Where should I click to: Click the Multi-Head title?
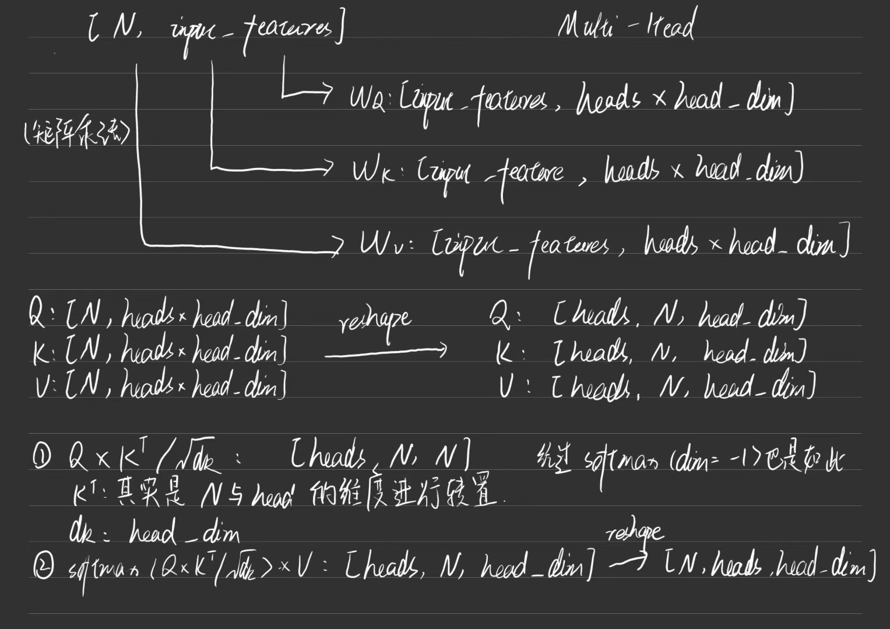coord(625,27)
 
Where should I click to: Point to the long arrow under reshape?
coord(385,351)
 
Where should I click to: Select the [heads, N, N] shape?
coord(379,459)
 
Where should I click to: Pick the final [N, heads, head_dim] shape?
coord(770,564)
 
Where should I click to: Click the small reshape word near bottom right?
coord(634,532)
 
